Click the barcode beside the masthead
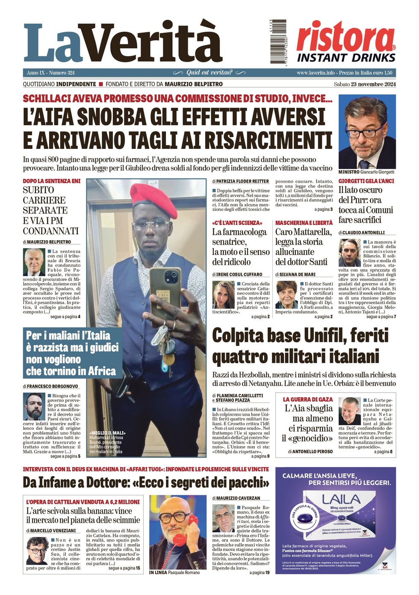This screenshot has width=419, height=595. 278,42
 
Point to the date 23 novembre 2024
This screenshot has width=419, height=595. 373,84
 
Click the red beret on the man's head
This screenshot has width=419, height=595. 153,200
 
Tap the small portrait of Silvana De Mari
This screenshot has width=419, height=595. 286,295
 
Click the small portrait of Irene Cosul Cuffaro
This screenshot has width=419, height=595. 223,295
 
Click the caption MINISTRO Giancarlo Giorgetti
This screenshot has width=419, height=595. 366,172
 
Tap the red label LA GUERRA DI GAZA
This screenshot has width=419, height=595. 307,399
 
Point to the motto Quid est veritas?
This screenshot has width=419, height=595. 209,73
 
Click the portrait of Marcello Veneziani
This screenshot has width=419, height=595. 37,551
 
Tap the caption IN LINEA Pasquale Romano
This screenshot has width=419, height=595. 174,572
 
